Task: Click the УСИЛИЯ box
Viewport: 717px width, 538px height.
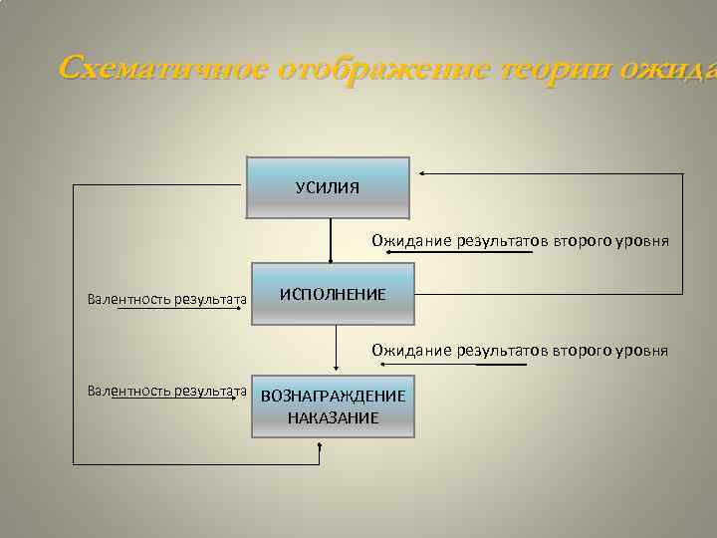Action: pos(328,187)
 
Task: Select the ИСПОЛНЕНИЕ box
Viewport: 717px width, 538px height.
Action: pos(333,295)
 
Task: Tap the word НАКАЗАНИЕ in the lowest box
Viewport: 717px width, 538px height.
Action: pos(333,417)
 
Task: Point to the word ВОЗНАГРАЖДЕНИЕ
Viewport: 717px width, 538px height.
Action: pos(333,397)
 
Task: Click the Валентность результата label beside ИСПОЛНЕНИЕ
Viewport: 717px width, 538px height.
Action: pos(166,298)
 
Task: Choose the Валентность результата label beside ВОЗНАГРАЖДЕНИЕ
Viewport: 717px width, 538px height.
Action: pos(166,391)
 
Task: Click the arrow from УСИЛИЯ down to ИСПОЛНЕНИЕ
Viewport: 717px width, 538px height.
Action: pos(331,239)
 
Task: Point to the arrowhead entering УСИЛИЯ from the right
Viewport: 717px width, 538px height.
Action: pos(422,174)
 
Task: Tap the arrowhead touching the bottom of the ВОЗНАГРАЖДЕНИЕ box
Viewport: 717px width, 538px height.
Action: pos(320,445)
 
